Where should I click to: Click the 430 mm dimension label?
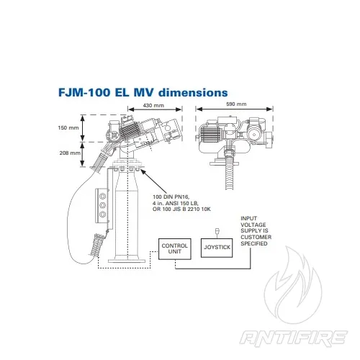[153, 106]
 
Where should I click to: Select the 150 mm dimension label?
[68, 128]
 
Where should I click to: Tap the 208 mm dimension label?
[68, 153]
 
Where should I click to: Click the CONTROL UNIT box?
[174, 248]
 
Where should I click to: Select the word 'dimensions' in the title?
[193, 93]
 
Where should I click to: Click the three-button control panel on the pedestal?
[102, 205]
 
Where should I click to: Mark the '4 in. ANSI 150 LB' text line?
[176, 204]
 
